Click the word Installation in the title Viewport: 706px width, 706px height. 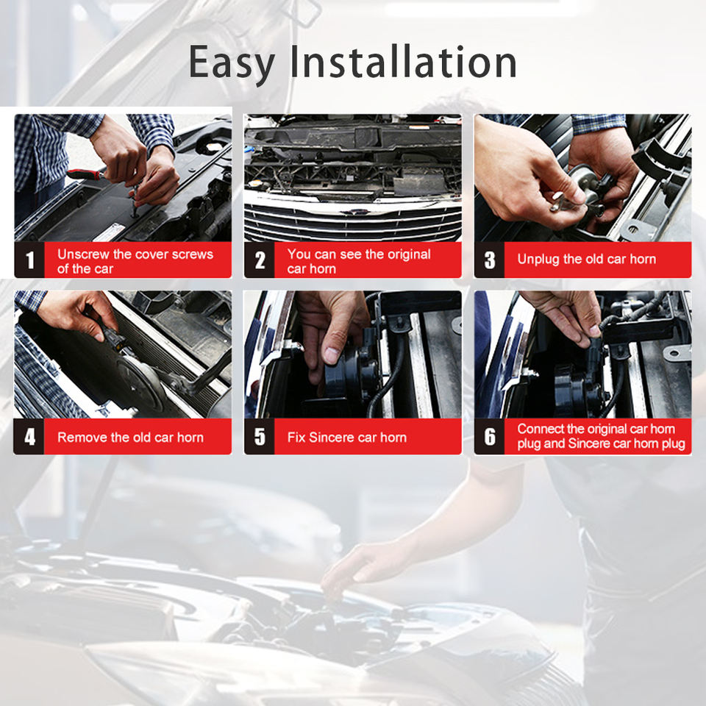(403, 61)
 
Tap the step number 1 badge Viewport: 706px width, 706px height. (29, 260)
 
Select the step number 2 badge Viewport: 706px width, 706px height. (260, 260)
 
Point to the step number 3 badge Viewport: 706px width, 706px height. (490, 260)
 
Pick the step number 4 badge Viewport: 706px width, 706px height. (29, 436)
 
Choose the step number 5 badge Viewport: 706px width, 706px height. (260, 436)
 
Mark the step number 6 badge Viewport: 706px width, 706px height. (490, 436)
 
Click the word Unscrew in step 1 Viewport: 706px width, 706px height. (83, 254)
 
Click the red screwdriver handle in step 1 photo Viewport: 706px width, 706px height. (84, 174)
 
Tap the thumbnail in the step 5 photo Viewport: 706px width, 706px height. (332, 355)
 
